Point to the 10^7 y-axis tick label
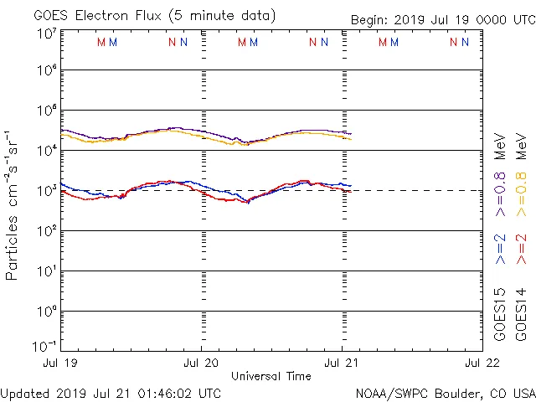point(46,34)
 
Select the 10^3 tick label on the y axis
point(46,191)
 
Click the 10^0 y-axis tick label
point(46,312)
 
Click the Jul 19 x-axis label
point(61,364)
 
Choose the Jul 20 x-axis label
point(202,364)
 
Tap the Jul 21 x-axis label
point(343,364)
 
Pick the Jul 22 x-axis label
point(483,364)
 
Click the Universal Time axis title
point(271,376)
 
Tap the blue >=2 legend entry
point(501,248)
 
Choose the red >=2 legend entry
point(521,248)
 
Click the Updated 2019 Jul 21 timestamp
point(111,393)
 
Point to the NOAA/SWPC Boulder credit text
point(445,393)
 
